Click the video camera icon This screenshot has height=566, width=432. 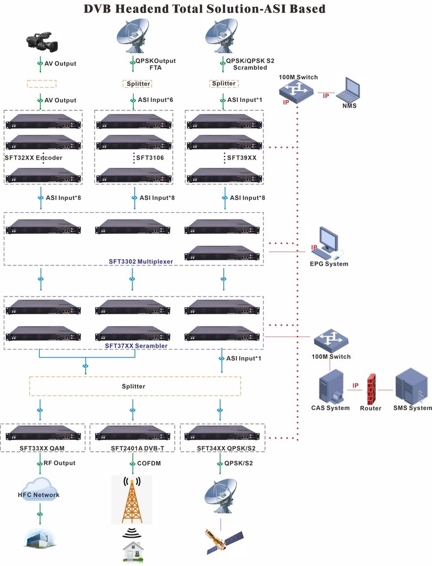click(x=41, y=41)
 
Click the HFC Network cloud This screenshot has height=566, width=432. click(x=38, y=493)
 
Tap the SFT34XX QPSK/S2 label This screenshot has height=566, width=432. click(x=223, y=448)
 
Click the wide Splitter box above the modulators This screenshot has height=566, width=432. click(x=135, y=386)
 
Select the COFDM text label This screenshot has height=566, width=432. click(x=149, y=463)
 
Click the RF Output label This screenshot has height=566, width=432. click(x=60, y=463)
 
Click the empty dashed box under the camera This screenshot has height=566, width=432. click(x=41, y=83)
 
